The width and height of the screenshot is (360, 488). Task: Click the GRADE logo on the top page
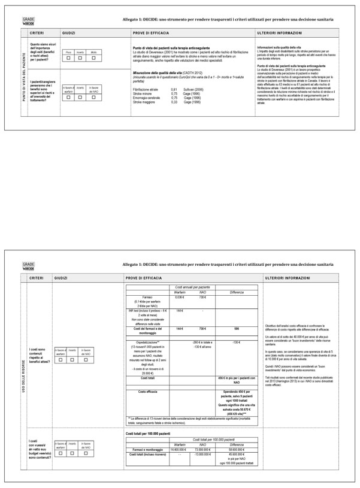(x=28, y=21)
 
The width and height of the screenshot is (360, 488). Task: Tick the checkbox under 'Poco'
(x=69, y=58)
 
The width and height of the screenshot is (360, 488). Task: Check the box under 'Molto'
(x=93, y=58)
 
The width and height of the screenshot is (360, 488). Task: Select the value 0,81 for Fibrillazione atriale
(x=174, y=89)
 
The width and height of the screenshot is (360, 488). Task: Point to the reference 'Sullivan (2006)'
(x=193, y=89)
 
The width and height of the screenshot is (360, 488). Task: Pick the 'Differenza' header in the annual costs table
(x=237, y=292)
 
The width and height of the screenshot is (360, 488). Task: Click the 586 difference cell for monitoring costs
(x=237, y=329)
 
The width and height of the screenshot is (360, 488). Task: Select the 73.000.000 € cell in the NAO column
(x=202, y=448)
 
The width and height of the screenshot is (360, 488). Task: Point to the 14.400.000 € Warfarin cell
(x=179, y=448)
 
